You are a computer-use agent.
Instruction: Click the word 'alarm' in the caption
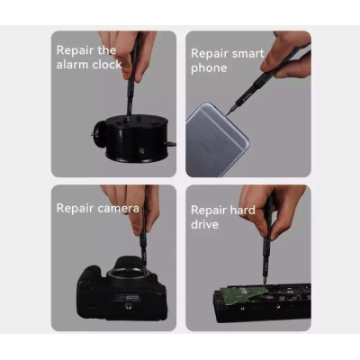(x=72, y=65)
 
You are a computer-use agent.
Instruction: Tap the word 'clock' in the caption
(x=107, y=65)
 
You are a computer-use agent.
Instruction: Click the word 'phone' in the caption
(x=209, y=68)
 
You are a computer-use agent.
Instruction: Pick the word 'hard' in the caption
(x=241, y=210)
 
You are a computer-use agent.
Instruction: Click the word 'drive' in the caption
(x=204, y=224)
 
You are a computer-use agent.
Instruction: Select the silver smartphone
(x=217, y=139)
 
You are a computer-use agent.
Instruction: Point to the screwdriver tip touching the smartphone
(x=228, y=113)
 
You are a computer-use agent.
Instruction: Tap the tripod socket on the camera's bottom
(x=129, y=306)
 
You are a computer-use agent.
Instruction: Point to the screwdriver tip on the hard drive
(x=264, y=283)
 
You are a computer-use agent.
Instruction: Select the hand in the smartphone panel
(x=286, y=56)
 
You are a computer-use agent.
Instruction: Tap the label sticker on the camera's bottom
(x=127, y=298)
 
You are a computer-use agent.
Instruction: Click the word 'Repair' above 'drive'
(x=208, y=211)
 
